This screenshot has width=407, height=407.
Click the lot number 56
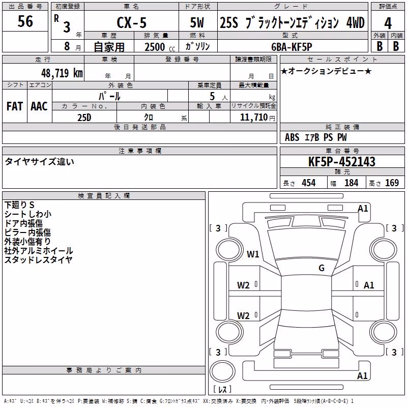point(25,21)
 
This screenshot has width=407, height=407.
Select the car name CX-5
point(132,22)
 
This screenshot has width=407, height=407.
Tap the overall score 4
point(388,23)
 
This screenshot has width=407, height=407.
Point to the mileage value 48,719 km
point(62,73)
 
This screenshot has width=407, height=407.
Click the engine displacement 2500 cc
point(160,47)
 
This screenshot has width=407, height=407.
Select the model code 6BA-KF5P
point(292,47)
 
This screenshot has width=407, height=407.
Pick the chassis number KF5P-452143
point(341,161)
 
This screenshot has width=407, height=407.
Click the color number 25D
point(84,118)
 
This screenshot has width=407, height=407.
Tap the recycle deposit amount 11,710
point(253,118)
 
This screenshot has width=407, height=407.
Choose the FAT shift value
point(15,106)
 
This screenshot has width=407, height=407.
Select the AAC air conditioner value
point(39,106)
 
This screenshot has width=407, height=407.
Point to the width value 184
point(351,183)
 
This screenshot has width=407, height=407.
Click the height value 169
point(392,183)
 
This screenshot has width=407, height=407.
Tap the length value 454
point(309,183)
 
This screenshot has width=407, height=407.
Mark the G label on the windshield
point(322,268)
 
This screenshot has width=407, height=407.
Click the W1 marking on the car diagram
point(253,254)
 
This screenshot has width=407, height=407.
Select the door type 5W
point(197,22)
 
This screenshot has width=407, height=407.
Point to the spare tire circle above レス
point(222,371)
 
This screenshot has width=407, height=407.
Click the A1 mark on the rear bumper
point(362,375)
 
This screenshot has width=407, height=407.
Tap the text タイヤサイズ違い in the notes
point(40,161)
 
